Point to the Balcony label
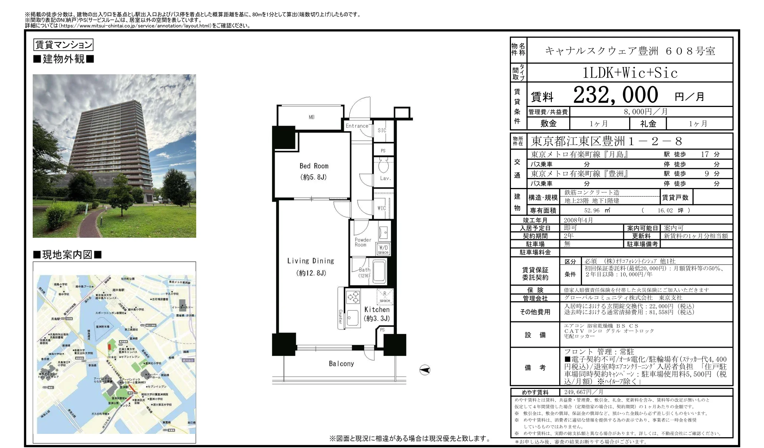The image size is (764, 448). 341,364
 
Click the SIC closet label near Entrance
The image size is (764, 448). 382,130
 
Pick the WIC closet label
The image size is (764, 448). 382,208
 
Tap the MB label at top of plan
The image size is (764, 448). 311,117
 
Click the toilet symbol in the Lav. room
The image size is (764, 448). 383,165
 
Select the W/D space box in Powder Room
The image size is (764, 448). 383,249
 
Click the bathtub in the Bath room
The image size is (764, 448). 379,272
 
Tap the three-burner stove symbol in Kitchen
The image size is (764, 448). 353,297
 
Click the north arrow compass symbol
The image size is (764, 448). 425,370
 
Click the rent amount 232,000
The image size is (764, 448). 615,95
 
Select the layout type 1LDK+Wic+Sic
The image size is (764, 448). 630,73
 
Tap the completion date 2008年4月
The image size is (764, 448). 578,220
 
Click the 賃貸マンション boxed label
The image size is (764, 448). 63,45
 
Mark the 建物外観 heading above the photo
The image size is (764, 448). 64,59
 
